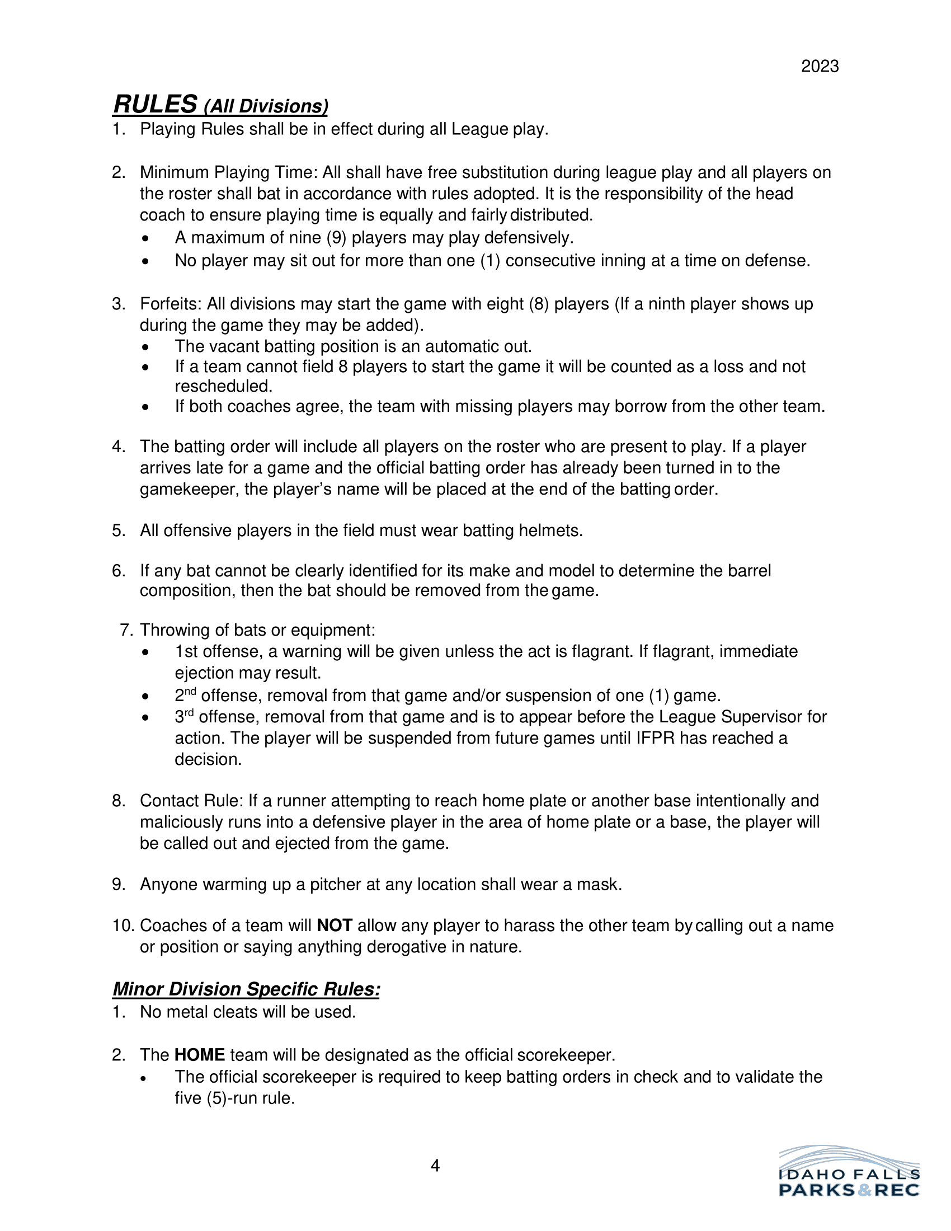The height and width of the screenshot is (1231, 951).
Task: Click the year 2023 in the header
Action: click(820, 67)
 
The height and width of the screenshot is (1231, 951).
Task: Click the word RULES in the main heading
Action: click(155, 104)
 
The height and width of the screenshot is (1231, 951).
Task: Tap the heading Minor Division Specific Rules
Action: click(246, 989)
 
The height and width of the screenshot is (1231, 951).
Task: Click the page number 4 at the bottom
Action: click(435, 1166)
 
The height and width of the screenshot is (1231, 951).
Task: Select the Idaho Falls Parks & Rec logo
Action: click(849, 1172)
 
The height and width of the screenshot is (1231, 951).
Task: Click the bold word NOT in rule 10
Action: click(335, 925)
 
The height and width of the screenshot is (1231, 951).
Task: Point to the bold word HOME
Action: click(200, 1055)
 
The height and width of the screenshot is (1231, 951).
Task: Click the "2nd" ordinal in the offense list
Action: click(185, 696)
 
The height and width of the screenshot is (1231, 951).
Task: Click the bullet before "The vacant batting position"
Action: click(146, 347)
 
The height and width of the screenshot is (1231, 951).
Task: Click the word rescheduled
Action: click(223, 387)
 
